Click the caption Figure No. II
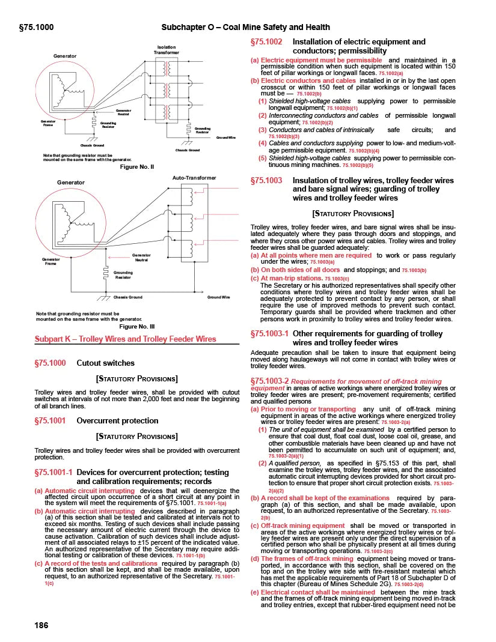click(x=137, y=166)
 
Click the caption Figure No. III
click(x=137, y=326)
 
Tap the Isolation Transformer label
click(x=166, y=50)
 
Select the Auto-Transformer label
click(x=194, y=178)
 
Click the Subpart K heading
click(x=126, y=339)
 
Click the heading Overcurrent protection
click(x=117, y=421)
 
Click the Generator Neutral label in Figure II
click(x=123, y=112)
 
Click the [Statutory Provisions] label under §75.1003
click(x=353, y=213)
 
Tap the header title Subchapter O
click(x=246, y=27)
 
